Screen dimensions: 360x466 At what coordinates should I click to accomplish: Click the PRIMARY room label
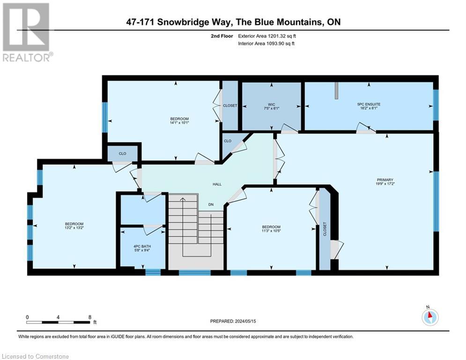385,180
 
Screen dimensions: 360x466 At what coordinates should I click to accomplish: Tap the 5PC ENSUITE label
369,104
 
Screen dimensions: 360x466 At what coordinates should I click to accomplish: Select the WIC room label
271,104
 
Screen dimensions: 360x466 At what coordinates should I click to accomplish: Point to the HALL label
217,184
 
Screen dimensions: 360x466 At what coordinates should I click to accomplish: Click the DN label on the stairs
212,205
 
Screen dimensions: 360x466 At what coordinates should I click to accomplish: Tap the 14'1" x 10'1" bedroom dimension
179,123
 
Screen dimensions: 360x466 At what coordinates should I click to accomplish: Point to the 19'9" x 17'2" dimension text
385,184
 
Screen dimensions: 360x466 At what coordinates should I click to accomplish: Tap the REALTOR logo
27,32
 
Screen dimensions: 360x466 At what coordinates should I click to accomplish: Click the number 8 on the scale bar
89,317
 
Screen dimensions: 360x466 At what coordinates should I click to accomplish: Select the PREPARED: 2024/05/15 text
233,321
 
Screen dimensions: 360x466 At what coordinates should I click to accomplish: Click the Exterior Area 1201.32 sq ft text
267,36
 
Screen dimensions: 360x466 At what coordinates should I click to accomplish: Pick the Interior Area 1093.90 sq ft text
267,43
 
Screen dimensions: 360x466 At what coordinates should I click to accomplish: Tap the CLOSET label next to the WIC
230,105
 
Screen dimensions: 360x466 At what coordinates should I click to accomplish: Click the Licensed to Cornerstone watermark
35,356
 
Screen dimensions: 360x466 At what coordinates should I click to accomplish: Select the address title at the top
233,22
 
